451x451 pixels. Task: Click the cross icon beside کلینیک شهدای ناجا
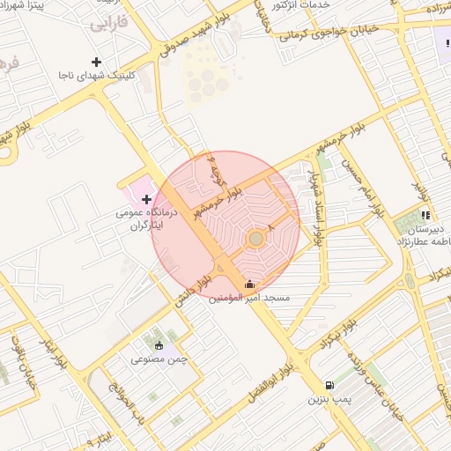coord(97,62)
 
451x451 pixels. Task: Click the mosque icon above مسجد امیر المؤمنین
coord(249,284)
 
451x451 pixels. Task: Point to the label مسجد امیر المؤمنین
coord(249,299)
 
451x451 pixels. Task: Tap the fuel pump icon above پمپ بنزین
coord(329,385)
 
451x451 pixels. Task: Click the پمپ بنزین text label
coord(329,399)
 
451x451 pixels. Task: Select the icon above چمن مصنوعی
coord(159,345)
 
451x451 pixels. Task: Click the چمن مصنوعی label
coord(159,359)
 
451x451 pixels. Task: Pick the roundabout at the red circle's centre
coord(255,238)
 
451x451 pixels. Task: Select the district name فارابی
coord(107,24)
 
